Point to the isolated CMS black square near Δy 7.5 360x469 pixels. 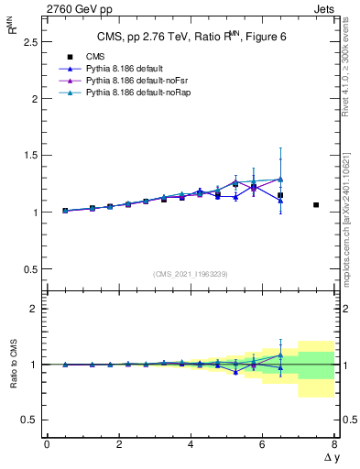316,205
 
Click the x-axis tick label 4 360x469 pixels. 191,444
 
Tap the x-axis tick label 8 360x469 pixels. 334,444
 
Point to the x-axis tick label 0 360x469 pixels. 47,444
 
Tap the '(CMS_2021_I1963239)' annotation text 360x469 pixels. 190,274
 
